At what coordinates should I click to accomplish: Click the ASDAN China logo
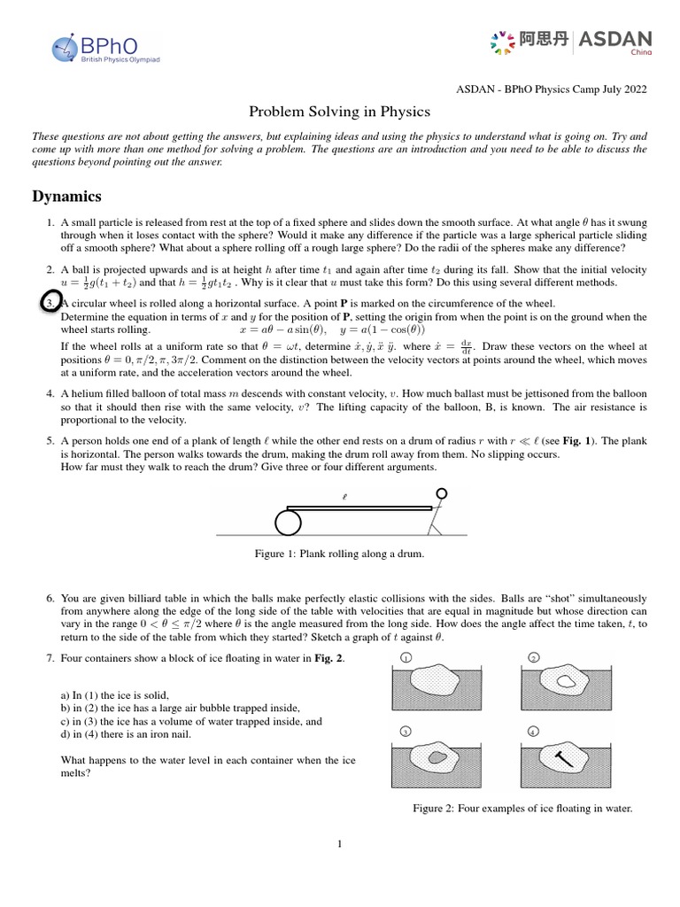[570, 42]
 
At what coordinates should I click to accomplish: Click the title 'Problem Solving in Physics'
[340, 112]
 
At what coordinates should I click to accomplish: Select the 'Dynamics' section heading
[66, 196]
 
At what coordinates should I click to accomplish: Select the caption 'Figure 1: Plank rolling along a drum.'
[339, 554]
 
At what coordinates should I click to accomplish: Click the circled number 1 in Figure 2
[405, 658]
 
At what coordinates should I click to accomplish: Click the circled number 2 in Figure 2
[534, 658]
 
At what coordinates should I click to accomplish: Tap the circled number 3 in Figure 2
[405, 732]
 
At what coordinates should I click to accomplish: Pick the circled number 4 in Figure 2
[534, 732]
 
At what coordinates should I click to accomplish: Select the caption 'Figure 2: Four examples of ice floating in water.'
[522, 809]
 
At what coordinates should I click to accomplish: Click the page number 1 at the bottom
[339, 844]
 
